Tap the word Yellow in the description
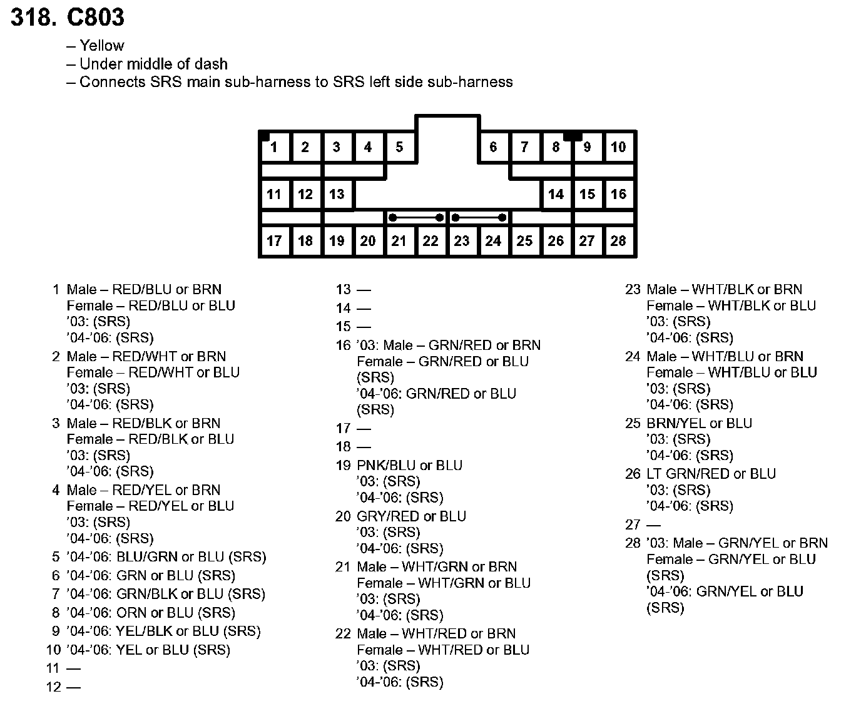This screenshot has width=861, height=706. (x=102, y=46)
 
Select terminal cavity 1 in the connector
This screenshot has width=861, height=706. (x=275, y=148)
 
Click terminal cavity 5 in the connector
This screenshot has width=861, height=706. (x=399, y=147)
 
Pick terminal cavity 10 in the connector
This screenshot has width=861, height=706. (x=618, y=147)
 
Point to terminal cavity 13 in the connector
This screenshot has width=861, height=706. (x=337, y=194)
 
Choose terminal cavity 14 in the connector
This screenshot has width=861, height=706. (x=556, y=194)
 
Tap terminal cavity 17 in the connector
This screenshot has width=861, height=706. (x=274, y=241)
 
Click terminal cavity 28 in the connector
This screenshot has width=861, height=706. (x=618, y=241)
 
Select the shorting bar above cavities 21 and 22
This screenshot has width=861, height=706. (x=416, y=218)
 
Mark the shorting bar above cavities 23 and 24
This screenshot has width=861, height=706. (x=479, y=218)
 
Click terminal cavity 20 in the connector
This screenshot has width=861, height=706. (x=368, y=241)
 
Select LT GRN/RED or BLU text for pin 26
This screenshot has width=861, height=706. (x=711, y=474)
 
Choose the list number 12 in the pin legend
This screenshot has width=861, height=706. (x=54, y=687)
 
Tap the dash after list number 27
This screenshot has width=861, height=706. (x=653, y=525)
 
